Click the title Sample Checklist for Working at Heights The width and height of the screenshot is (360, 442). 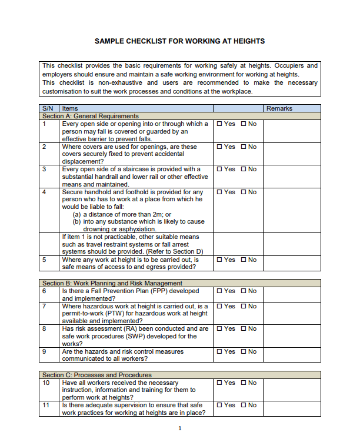pos(179,41)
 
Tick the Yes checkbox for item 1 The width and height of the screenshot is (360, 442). pos(219,124)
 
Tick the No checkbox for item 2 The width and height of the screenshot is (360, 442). pos(244,147)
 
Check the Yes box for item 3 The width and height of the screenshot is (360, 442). pos(219,170)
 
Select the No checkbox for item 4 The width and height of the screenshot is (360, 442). pos(244,192)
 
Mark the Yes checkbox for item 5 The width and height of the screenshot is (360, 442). pos(219,260)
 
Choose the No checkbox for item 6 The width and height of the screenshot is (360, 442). pos(244,291)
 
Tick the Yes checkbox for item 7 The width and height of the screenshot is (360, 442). pos(219,307)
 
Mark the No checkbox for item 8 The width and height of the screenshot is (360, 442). pos(244,329)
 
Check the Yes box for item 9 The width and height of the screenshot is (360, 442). pos(219,352)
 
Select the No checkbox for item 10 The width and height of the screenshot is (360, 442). pos(244,383)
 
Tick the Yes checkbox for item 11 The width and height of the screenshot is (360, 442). pos(219,406)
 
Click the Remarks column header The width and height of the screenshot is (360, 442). pos(279,108)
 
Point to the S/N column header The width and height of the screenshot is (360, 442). pos(48,108)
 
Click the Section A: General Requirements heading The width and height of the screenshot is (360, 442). pos(91,116)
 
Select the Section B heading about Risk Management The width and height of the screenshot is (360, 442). pos(112,283)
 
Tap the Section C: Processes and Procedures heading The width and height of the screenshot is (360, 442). pos(97,375)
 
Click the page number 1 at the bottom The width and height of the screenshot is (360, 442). pos(180,428)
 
